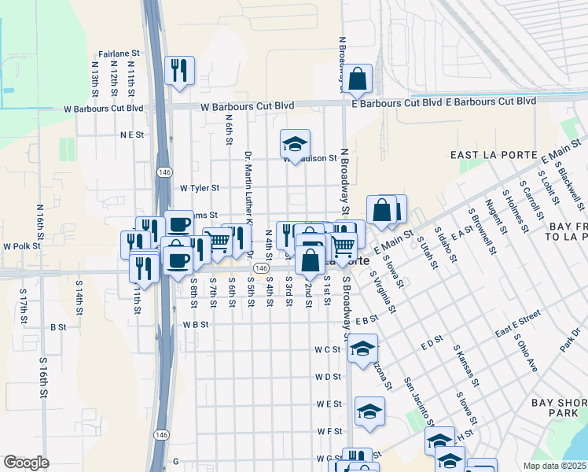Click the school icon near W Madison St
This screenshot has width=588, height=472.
[x=295, y=145]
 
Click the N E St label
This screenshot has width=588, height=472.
[x=133, y=135]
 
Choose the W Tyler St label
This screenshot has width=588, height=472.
[x=200, y=189]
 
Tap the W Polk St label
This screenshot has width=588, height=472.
[x=21, y=246]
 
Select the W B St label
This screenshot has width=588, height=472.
[x=196, y=324]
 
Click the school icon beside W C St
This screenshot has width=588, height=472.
[x=362, y=349]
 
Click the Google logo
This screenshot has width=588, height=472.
[x=26, y=463]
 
